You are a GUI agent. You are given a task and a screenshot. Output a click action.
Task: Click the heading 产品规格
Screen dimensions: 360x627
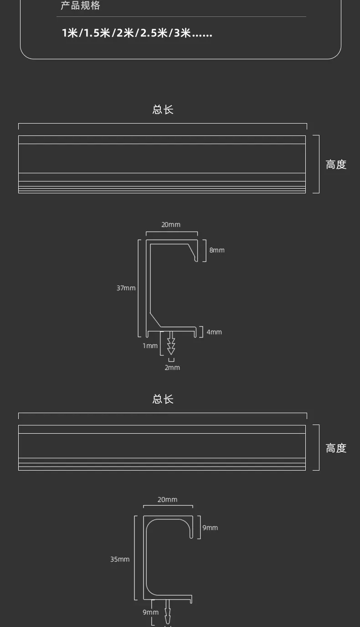tap(80, 5)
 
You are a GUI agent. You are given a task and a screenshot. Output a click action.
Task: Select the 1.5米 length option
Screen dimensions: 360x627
tap(97, 33)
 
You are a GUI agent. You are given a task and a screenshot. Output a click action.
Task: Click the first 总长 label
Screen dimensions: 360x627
tap(163, 109)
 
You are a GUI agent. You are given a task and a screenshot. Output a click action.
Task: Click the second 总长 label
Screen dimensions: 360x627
tap(163, 399)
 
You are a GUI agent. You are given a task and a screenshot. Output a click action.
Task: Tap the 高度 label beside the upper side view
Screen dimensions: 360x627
tap(336, 165)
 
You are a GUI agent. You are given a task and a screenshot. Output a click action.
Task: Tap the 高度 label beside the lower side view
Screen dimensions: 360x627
tap(336, 448)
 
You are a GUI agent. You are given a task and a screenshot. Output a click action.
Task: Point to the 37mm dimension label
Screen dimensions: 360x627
tap(126, 288)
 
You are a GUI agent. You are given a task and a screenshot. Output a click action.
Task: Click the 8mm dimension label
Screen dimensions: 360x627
tap(217, 250)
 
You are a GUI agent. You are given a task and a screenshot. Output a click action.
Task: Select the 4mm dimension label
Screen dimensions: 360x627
tap(214, 332)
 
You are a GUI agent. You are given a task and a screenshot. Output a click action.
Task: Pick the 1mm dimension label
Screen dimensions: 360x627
tap(150, 346)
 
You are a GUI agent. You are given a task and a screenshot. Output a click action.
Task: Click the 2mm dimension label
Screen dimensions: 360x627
tap(172, 368)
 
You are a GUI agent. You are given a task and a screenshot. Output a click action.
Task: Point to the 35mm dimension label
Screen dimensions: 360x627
tap(120, 559)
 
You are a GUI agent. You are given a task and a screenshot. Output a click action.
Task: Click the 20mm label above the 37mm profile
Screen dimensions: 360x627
tap(170, 224)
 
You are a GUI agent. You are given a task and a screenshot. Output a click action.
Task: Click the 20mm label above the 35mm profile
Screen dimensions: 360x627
tap(167, 500)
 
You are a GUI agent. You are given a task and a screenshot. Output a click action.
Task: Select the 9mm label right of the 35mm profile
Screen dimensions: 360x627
tap(210, 528)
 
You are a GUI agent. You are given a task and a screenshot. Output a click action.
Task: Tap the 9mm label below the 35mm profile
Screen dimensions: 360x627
tap(150, 612)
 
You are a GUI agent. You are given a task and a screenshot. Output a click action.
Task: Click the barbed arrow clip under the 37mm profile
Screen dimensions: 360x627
tap(171, 343)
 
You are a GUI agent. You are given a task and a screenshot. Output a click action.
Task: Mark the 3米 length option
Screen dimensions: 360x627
tap(182, 33)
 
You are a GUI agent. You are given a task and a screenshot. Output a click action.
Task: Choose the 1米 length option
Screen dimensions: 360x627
tap(70, 33)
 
